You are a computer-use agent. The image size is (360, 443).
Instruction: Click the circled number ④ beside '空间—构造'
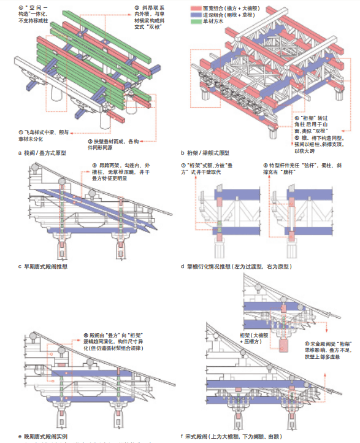click(x=23, y=6)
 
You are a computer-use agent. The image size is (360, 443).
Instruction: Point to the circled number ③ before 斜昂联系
click(x=137, y=6)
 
